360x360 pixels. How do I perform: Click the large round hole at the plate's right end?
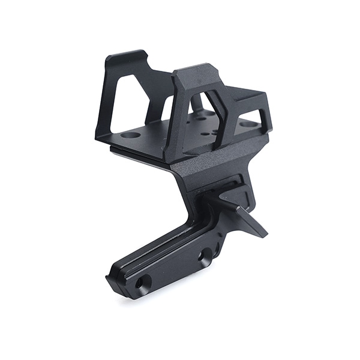point(247,124)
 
